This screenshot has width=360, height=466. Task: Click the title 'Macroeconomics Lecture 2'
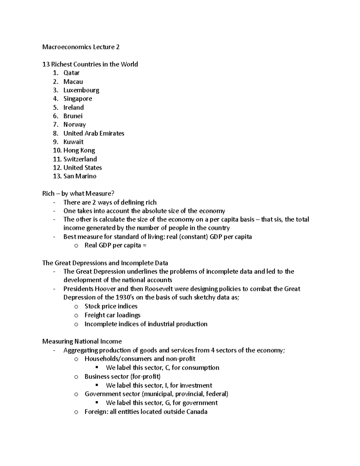click(x=81, y=47)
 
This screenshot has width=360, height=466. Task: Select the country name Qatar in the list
click(x=71, y=73)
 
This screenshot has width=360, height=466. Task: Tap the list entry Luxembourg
click(x=81, y=90)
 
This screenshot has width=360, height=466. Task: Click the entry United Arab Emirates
click(x=94, y=133)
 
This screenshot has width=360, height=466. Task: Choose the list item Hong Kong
click(x=79, y=150)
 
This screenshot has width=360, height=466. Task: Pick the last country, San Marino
click(x=80, y=176)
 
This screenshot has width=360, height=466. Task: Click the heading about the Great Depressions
click(x=105, y=263)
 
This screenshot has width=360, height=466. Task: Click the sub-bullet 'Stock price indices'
click(x=111, y=306)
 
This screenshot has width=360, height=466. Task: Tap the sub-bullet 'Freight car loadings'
click(x=112, y=315)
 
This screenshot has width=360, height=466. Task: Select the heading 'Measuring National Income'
click(x=82, y=341)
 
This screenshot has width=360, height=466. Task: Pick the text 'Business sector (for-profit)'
click(x=122, y=377)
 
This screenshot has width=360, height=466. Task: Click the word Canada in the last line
click(x=197, y=412)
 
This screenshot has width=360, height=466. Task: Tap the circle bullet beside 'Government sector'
click(x=76, y=394)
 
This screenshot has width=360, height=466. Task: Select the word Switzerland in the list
click(x=80, y=159)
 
